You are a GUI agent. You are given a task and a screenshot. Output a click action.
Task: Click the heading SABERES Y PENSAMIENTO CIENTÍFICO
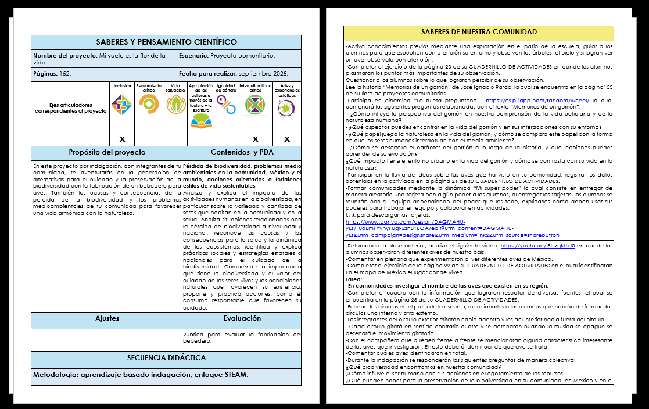(166, 42)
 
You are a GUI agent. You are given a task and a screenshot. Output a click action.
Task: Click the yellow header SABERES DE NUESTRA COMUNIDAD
(479, 33)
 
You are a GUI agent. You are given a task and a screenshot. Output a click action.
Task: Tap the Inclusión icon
(122, 105)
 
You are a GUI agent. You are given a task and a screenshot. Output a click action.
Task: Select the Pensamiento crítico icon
(149, 105)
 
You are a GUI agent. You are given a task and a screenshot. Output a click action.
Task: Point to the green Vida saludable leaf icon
(175, 105)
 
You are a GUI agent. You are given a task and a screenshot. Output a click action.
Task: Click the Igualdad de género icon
(226, 105)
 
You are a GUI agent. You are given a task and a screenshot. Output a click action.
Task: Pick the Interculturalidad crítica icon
(255, 106)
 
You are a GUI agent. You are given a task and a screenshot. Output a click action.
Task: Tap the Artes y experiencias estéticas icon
(286, 107)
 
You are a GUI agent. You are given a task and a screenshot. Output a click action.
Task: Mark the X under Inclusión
(122, 139)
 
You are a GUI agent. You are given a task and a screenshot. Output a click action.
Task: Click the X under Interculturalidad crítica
(255, 139)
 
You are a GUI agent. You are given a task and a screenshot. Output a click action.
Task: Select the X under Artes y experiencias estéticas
(286, 139)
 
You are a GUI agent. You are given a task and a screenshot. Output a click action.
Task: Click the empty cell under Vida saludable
(175, 139)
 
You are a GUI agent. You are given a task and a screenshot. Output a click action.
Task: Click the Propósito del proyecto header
(107, 153)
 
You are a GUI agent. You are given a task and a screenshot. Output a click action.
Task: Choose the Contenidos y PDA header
(242, 153)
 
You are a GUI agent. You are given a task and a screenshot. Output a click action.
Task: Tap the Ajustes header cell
(107, 319)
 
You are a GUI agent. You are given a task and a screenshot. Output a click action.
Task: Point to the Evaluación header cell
(242, 319)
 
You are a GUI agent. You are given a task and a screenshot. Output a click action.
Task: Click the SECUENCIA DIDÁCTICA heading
(166, 358)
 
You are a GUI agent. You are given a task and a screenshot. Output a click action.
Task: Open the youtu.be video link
(537, 246)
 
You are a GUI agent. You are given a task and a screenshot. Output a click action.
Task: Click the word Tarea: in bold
(354, 279)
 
